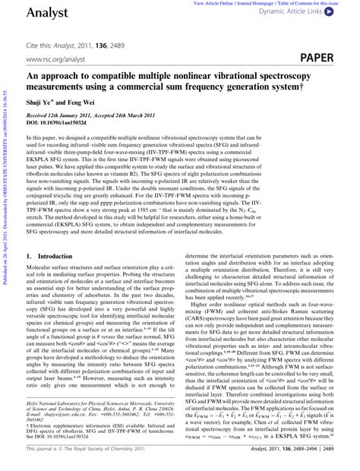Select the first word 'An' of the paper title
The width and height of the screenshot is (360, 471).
(33, 77)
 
